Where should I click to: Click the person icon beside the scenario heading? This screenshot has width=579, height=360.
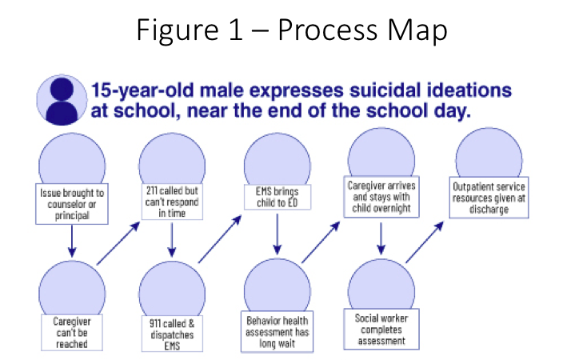(x=62, y=100)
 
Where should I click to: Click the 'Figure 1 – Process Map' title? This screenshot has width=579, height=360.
(x=292, y=30)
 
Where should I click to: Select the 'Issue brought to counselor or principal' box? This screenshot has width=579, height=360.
(x=72, y=204)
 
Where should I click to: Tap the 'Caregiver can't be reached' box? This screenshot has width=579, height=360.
(x=72, y=332)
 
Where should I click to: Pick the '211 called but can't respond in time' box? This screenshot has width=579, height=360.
(x=172, y=202)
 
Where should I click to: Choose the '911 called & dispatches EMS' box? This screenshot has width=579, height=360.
(x=172, y=334)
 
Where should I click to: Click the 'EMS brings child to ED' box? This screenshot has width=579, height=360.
(x=278, y=197)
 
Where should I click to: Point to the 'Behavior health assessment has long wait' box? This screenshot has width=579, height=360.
(x=277, y=331)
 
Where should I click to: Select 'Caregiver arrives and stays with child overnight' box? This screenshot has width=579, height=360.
(x=381, y=197)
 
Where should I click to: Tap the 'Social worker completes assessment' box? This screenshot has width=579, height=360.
(x=381, y=329)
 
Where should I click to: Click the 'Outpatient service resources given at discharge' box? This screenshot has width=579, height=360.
(x=489, y=198)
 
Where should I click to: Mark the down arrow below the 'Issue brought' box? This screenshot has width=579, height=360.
(x=72, y=241)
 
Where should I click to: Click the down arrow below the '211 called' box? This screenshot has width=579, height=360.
(x=172, y=240)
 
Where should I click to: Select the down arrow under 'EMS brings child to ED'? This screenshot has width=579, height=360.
(x=278, y=234)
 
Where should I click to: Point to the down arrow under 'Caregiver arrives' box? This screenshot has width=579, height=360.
(x=381, y=238)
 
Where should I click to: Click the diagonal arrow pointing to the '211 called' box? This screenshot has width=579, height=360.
(x=118, y=243)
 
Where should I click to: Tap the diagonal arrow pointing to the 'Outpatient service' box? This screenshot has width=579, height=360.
(x=425, y=242)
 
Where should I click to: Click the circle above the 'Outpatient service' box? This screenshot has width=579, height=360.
(x=489, y=155)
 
